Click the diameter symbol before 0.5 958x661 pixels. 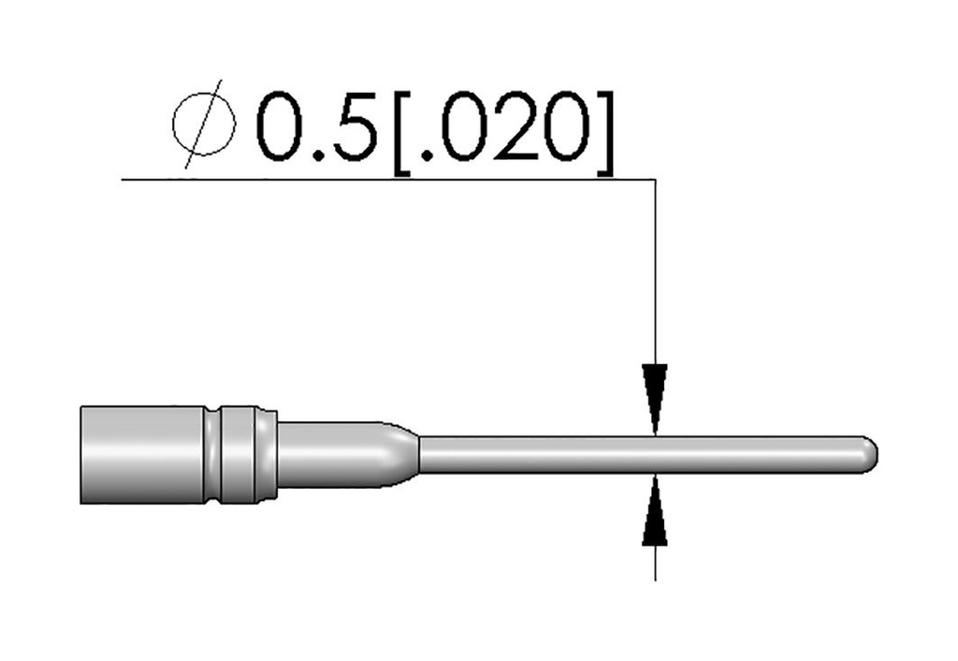click(204, 125)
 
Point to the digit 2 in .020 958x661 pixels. click(515, 125)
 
